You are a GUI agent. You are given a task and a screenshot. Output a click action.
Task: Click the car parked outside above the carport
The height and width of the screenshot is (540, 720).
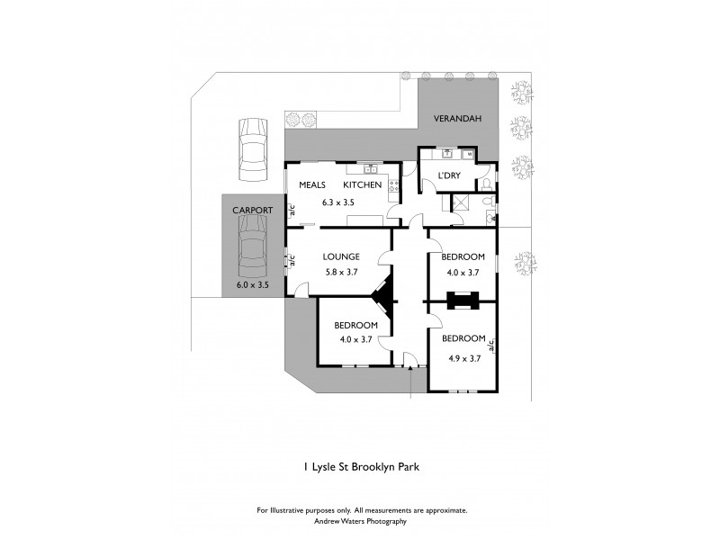(x=251, y=150)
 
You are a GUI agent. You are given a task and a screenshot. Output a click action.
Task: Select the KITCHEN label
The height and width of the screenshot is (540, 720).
(x=363, y=184)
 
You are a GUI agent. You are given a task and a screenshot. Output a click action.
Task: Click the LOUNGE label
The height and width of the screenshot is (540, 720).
(x=341, y=256)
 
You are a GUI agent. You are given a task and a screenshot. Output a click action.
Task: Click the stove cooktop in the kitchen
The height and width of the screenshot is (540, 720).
(x=394, y=185)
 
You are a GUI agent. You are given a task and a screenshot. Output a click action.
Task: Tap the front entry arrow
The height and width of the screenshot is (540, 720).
(x=409, y=364)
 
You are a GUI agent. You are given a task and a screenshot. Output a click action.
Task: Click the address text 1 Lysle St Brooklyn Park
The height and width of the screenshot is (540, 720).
(x=360, y=468)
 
